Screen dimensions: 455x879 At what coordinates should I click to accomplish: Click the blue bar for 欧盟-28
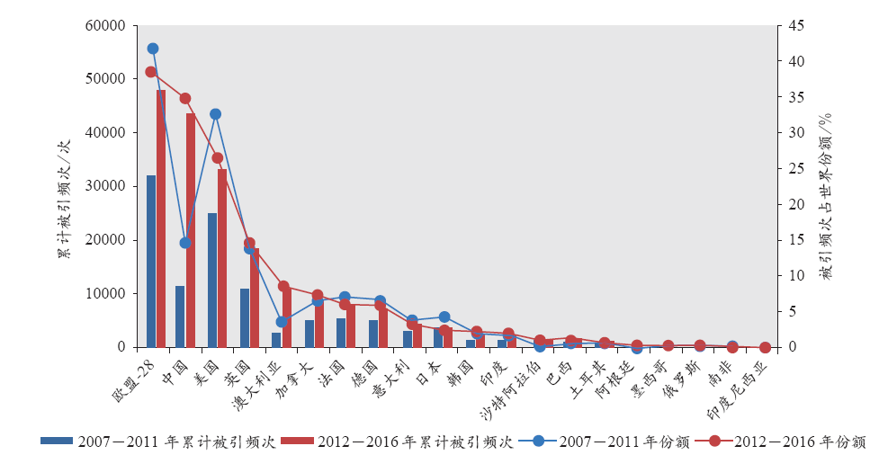151,261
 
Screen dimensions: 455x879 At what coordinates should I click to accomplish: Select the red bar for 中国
191,230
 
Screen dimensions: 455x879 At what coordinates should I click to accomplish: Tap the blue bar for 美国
212,280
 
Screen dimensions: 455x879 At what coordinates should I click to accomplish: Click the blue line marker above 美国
216,114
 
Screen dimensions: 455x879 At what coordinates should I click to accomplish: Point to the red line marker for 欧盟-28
151,72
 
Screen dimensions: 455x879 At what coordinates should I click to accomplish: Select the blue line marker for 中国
185,243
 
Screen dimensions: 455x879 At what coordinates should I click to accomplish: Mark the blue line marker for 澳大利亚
282,321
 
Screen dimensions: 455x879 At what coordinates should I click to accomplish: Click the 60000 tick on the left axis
106,26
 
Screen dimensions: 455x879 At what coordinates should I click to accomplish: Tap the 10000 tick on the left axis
106,294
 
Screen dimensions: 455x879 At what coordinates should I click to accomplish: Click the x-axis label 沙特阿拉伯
516,387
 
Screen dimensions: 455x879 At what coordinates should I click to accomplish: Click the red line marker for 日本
444,331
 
